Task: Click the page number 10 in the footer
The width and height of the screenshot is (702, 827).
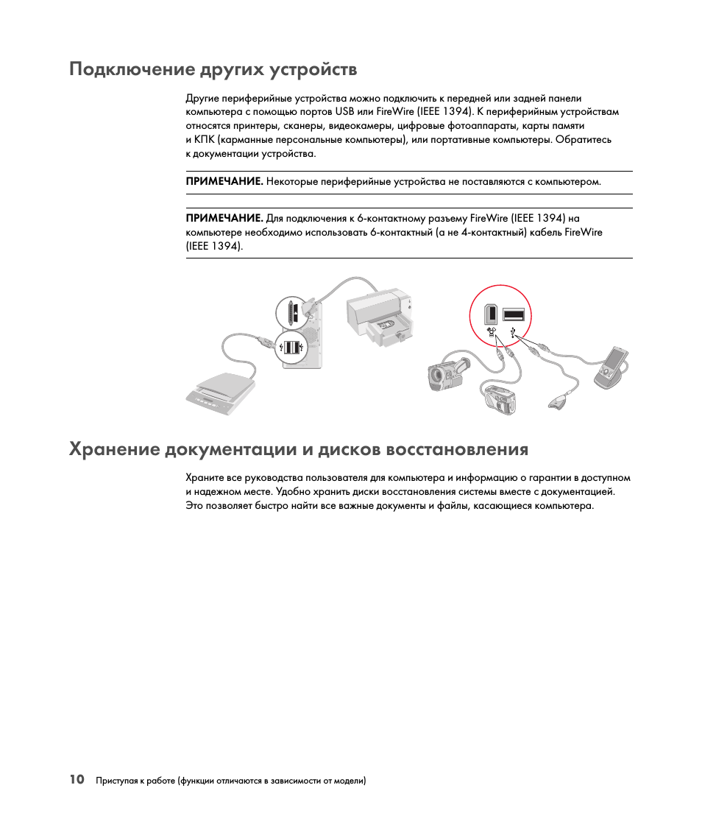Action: tap(77, 780)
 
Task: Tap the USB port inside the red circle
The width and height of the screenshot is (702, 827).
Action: tap(514, 315)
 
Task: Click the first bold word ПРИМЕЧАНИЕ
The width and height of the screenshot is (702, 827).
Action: tap(224, 181)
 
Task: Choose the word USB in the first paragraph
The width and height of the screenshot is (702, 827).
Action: tap(344, 112)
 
